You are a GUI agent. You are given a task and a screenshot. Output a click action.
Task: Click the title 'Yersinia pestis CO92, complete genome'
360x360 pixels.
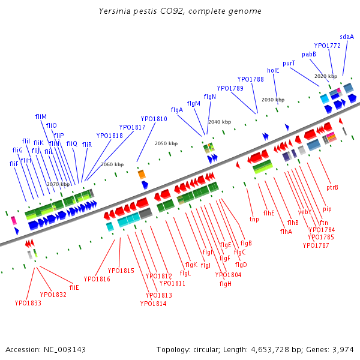[180, 11]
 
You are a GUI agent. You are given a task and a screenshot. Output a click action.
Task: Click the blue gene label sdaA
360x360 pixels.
[347, 37]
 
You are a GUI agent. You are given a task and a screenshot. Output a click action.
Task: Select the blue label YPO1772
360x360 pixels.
[327, 46]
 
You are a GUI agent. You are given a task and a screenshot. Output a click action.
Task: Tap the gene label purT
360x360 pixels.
[289, 63]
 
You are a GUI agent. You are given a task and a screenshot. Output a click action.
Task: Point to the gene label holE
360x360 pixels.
[273, 70]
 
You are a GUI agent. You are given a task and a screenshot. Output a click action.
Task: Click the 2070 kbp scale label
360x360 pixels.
[58, 184]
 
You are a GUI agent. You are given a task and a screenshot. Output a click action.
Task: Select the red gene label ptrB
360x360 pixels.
[332, 187]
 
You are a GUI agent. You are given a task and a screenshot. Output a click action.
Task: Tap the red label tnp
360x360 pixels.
[254, 219]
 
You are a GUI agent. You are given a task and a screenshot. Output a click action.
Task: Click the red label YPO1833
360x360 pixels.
[28, 303]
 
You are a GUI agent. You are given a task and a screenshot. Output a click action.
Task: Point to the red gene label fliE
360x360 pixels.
[74, 287]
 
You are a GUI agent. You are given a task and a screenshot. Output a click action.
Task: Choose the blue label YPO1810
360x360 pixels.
[154, 119]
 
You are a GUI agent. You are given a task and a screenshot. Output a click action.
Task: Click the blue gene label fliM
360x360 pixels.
[41, 116]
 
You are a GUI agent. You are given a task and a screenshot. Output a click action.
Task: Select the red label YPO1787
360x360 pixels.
[316, 245]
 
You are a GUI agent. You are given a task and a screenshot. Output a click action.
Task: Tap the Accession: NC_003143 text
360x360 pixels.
[46, 350]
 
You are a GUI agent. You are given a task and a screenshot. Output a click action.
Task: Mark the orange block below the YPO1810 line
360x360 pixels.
[142, 174]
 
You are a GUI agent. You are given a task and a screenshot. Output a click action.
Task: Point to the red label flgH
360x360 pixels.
[226, 284]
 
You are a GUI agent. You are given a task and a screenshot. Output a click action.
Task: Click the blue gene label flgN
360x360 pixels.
[209, 97]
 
